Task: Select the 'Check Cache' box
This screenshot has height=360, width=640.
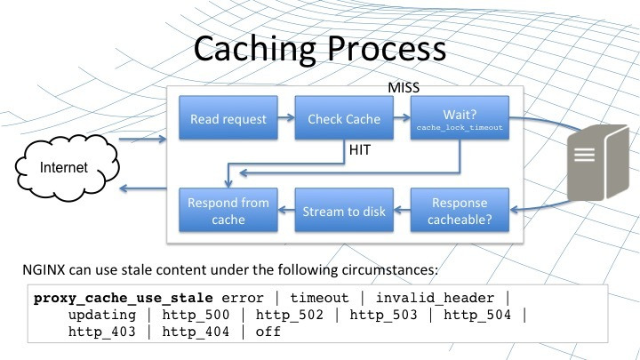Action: pyautogui.click(x=343, y=119)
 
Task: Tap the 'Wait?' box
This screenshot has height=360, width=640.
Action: pyautogui.click(x=460, y=119)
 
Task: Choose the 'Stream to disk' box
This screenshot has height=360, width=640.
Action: pyautogui.click(x=343, y=211)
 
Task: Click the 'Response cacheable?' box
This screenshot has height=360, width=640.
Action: pyautogui.click(x=460, y=210)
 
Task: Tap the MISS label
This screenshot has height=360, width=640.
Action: pyautogui.click(x=405, y=90)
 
